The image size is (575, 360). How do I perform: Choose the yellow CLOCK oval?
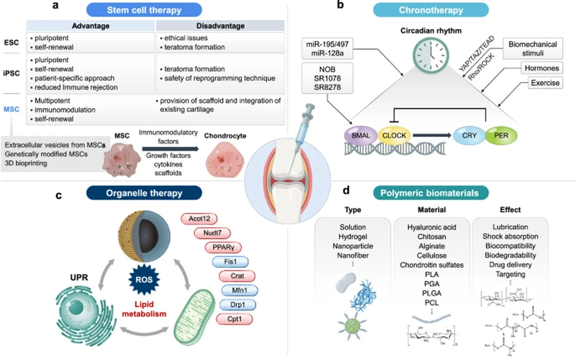point(394,136)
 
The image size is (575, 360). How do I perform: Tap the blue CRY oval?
point(469,136)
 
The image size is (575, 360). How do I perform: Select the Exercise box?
point(545,83)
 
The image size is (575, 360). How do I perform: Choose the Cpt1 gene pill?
point(235,318)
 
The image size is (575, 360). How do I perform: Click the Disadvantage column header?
point(220,25)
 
